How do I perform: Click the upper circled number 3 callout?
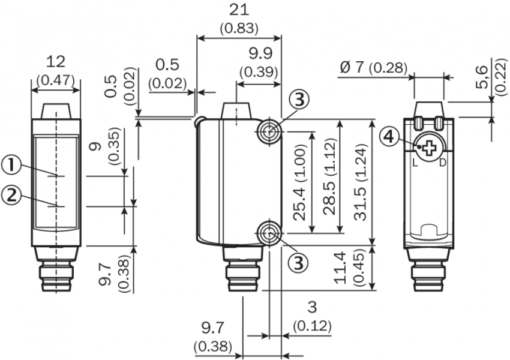pos(301,100)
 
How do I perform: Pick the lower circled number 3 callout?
pos(301,261)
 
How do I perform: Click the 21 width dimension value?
pos(239,10)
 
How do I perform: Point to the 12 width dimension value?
pos(56,61)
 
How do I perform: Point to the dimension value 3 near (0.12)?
pos(311,307)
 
